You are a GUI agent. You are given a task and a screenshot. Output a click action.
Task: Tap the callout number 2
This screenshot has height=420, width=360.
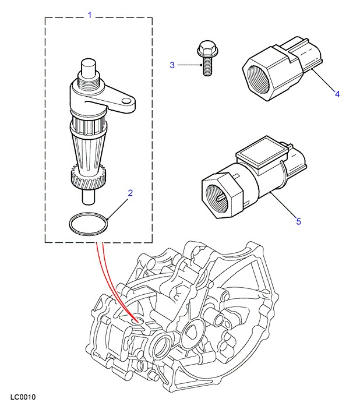pos(130,193)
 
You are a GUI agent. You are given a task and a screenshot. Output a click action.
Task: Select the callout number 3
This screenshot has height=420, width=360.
pos(172,65)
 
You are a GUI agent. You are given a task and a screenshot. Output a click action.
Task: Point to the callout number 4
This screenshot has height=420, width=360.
pos(337,93)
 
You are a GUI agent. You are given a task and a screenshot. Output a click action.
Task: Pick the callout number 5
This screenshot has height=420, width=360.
pos(298,221)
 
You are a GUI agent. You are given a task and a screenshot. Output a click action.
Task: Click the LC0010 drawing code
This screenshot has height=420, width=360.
pos(23,398)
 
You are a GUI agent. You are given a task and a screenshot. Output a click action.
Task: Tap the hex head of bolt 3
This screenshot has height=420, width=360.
pos(206,50)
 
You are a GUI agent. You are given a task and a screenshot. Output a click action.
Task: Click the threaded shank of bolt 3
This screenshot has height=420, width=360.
pos(206,68)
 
